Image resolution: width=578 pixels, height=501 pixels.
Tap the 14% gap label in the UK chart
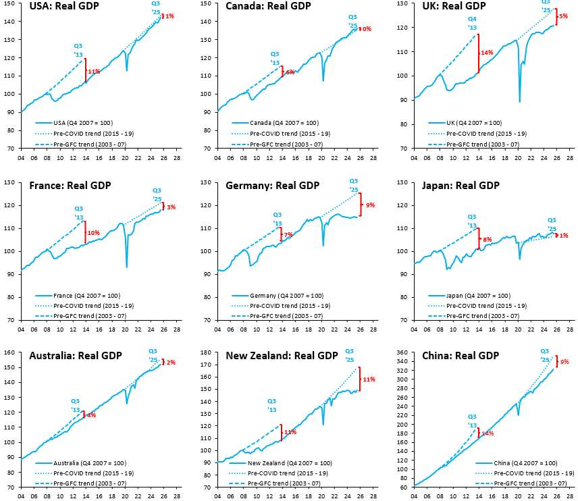pos(486,53)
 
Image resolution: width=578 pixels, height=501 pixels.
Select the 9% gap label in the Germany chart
pos(370,205)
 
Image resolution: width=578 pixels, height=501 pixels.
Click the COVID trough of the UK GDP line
pos(519,101)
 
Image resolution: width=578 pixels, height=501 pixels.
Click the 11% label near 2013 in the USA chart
pos(93,71)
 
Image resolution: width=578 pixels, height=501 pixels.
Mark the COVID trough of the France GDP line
pos(126,266)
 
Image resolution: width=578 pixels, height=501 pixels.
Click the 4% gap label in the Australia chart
pos(91,415)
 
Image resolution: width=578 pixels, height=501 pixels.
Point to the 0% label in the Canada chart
pos(367,29)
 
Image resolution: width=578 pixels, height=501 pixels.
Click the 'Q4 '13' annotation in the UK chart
pos(472,24)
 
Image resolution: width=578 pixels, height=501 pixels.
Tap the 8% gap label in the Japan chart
pos(486,239)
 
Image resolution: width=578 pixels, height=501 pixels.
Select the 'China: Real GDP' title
pos(460,356)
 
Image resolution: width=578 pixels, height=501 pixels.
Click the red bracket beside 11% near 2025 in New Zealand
pos(359,379)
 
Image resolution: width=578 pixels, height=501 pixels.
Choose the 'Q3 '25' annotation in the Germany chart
pos(353,185)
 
